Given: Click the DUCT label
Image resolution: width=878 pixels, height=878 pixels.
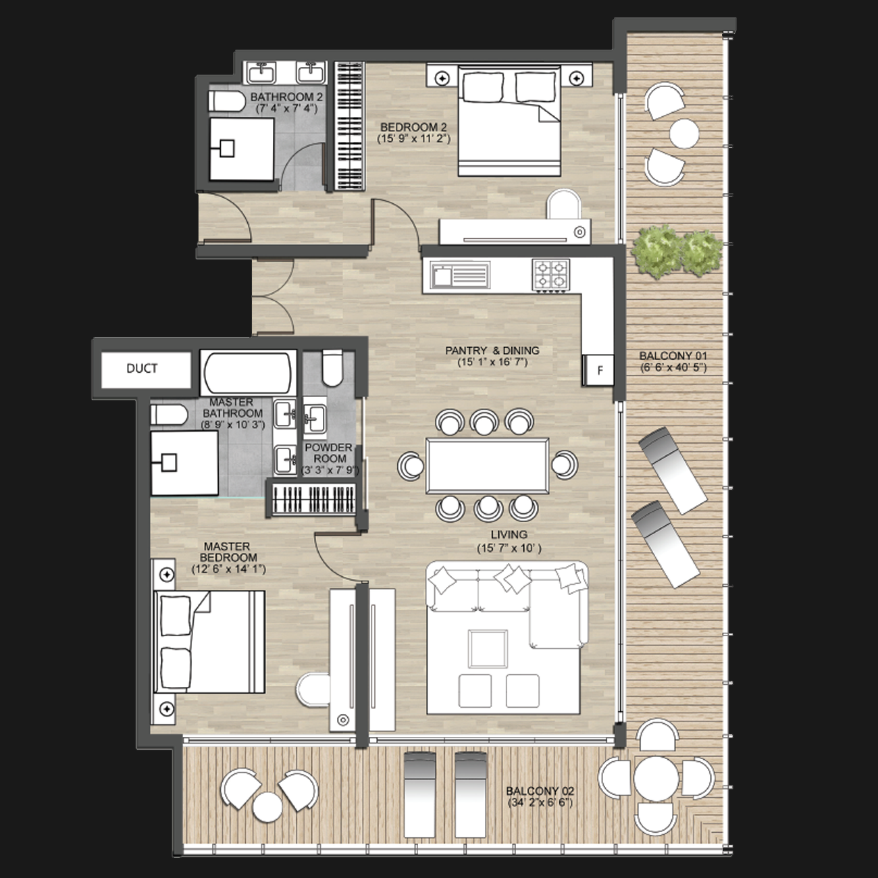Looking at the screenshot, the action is point(142,368).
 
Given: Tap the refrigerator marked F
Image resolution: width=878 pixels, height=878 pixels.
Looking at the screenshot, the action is point(598,370).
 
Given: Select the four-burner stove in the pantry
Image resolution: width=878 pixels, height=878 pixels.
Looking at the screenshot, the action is point(551,275).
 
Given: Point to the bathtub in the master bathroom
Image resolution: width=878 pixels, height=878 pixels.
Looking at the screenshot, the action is point(248,373).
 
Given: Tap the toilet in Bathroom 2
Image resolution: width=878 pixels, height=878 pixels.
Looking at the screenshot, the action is point(227,101).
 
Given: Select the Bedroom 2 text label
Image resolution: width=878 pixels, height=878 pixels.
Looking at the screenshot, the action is point(413,127).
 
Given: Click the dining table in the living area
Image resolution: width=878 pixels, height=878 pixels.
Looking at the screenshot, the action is point(487,465).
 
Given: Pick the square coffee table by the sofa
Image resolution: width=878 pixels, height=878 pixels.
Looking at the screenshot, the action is point(488,649).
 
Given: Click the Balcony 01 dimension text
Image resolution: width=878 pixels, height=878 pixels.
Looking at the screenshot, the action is point(673,367).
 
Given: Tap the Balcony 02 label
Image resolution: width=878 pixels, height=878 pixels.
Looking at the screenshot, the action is point(540,791).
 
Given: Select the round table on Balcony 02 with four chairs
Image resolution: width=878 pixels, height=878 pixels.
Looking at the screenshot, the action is point(656,779).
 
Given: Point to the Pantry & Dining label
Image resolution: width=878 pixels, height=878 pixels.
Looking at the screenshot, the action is point(492,351).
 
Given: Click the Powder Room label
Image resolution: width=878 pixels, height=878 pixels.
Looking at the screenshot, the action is point(328,453).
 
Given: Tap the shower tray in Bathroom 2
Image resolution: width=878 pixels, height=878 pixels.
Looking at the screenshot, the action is point(242,149).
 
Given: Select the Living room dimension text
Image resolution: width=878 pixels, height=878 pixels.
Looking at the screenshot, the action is point(509,548).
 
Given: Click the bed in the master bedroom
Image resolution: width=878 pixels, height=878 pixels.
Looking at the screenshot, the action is point(209,642).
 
